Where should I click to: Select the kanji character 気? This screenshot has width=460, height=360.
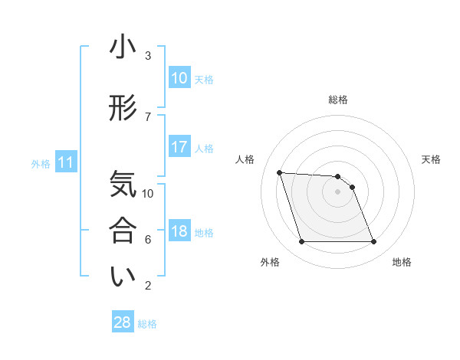[x=123, y=185]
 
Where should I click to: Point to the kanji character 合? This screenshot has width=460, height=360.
[x=123, y=231]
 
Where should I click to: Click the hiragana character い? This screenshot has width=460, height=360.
[x=123, y=277]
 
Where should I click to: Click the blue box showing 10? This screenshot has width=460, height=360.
[x=179, y=78]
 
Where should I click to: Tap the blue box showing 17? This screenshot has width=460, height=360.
[x=179, y=148]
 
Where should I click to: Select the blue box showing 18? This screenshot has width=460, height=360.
[x=179, y=232]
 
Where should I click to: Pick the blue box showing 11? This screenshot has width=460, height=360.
[x=65, y=162]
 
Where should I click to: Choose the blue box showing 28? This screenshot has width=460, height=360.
[x=123, y=322]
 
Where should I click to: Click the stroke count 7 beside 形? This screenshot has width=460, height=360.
[x=148, y=116]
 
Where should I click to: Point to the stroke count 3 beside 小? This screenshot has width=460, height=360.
[x=148, y=56]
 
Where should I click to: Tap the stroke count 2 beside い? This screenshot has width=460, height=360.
[x=148, y=286]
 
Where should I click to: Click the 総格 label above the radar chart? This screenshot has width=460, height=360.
[x=338, y=100]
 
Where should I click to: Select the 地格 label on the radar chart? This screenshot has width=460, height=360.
[x=402, y=262]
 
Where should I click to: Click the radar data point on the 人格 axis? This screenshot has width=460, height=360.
[x=279, y=172]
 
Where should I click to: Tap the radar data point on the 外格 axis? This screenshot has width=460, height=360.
[x=301, y=242]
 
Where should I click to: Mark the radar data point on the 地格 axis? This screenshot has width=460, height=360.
[x=374, y=242]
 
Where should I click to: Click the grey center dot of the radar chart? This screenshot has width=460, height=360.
[x=338, y=191]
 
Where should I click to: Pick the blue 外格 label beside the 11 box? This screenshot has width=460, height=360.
[x=41, y=163]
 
